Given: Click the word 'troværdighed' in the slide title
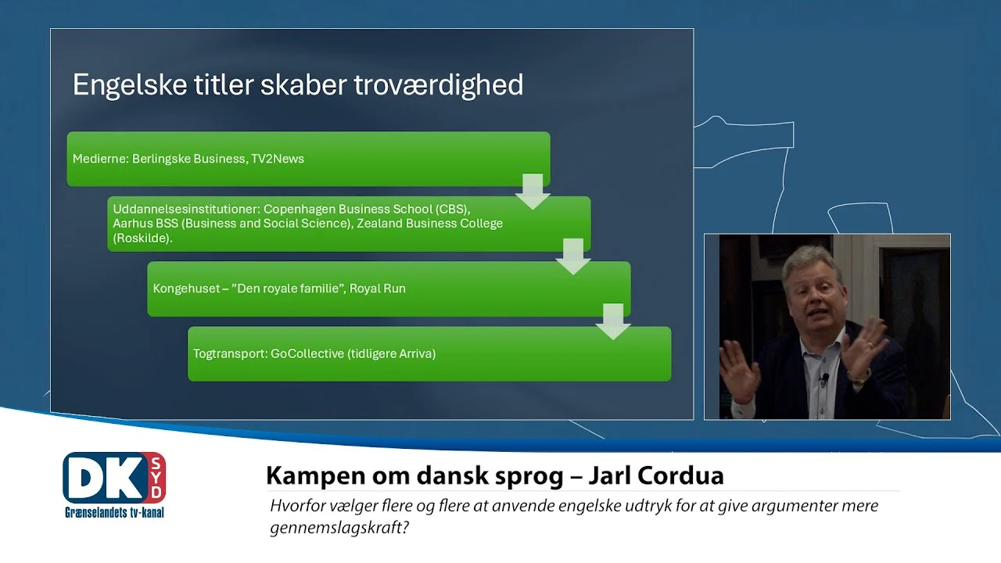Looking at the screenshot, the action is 439,85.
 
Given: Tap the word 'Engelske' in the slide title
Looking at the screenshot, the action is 130,85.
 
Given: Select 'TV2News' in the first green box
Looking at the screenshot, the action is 278,159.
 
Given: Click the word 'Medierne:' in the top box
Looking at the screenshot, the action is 100,159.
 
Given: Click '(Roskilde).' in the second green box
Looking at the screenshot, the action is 142,238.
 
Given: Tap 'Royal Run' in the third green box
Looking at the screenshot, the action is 377,289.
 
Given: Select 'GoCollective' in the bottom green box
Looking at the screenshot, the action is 307,353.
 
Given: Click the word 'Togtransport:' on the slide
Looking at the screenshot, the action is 230,353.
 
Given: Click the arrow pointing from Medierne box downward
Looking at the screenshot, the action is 533,192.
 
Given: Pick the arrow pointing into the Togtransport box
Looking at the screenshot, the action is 613,321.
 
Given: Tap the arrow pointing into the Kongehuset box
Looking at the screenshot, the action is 573,256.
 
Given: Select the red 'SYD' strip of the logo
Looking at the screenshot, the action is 156,478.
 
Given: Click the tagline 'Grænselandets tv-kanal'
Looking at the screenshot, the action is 114,512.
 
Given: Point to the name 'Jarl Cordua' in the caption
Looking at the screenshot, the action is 656,475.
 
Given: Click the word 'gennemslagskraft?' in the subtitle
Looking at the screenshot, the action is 339,528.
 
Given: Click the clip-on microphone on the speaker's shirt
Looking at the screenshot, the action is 825,379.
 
